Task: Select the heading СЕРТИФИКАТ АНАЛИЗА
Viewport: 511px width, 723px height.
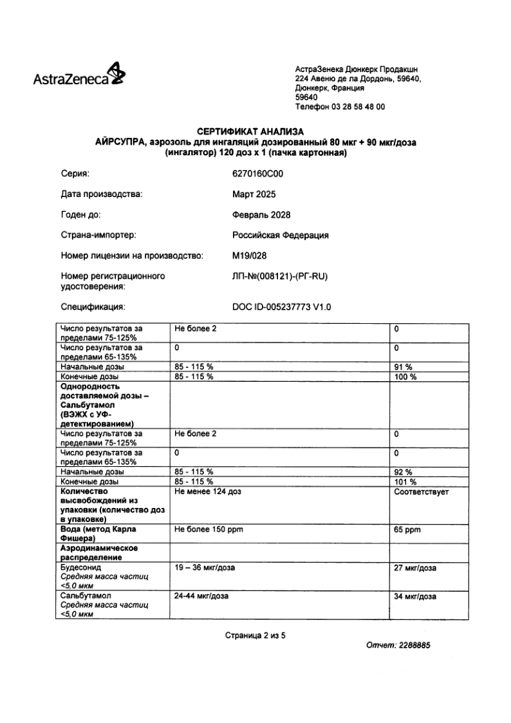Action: click(255, 133)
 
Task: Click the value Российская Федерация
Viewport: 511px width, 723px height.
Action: click(280, 235)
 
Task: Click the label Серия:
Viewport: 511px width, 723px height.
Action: click(75, 174)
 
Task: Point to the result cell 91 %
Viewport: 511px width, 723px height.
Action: click(403, 366)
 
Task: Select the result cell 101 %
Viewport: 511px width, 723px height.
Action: click(405, 482)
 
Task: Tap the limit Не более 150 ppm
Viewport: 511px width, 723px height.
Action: click(209, 529)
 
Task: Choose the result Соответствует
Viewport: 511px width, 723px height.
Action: click(422, 493)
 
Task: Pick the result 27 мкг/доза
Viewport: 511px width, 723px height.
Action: click(415, 568)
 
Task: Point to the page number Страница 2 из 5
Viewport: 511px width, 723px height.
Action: click(255, 635)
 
